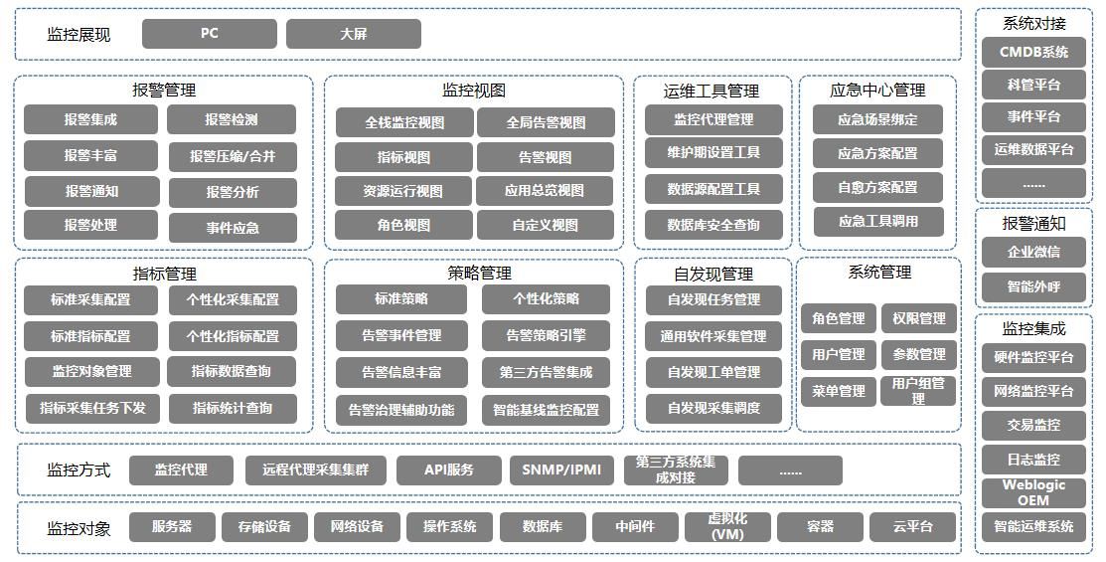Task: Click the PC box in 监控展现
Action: pos(210,34)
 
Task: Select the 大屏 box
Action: pos(354,34)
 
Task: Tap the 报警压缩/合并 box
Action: pos(233,157)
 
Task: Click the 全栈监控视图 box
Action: pos(404,123)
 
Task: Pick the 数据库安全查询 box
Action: pos(713,225)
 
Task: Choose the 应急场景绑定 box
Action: pos(877,120)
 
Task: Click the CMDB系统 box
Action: pos(1033,53)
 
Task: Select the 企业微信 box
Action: pos(1033,252)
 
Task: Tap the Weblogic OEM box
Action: pos(1033,492)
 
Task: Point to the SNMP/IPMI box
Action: pos(561,470)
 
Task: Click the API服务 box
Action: pos(448,470)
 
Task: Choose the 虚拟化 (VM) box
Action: pos(727,527)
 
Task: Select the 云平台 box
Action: pos(913,527)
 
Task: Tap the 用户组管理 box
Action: pos(917,391)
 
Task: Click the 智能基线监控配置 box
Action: pos(546,410)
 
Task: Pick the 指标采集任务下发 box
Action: pos(91,409)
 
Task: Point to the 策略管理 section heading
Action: pos(480,274)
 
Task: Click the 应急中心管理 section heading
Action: pos(877,91)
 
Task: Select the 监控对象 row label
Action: pos(79,529)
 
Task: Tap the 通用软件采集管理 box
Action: pos(713,337)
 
